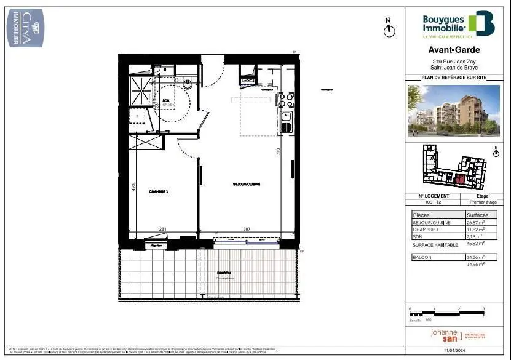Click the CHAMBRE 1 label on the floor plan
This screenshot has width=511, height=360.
pos(159,191)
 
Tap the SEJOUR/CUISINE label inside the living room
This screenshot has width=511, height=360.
pos(247,184)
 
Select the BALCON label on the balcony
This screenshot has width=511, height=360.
pos(224,273)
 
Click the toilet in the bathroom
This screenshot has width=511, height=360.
pos(188,84)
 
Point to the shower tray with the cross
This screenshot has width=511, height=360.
pos(141,91)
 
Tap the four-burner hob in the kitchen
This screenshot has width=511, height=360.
pos(287,99)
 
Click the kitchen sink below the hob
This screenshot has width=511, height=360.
pos(286,116)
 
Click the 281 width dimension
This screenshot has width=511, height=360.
pos(163,230)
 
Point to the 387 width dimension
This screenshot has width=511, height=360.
pos(246,230)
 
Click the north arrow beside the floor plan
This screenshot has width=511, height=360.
pos(388,28)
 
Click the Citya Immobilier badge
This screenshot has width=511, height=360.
pos(25,27)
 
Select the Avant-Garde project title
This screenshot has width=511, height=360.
pos(454,50)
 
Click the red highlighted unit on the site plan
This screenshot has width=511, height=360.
pos(458,180)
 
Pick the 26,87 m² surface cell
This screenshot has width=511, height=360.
pos(475,222)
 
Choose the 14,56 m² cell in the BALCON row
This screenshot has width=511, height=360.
pos(475,257)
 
